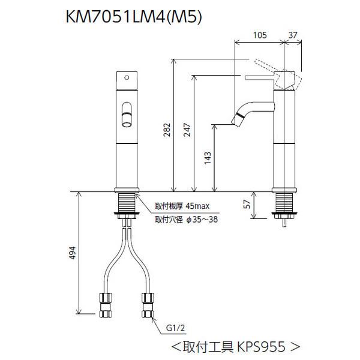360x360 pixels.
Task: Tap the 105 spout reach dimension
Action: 259,35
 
